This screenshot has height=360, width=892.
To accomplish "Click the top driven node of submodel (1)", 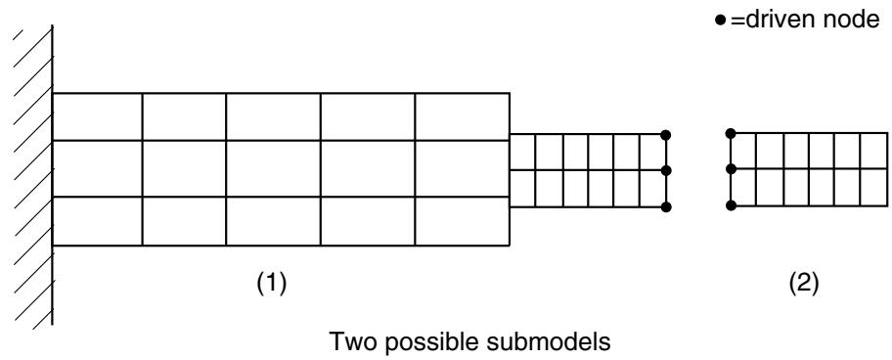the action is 666,135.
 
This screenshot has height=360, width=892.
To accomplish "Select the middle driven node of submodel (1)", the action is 666,170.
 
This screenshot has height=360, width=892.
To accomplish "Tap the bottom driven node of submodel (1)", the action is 666,207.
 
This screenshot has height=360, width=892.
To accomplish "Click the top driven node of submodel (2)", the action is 731,134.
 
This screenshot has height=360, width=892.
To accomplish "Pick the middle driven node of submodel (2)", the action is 731,169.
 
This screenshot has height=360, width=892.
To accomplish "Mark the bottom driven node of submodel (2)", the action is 731,205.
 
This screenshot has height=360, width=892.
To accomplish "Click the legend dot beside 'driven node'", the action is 721,22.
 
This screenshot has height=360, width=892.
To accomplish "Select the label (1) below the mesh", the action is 270,283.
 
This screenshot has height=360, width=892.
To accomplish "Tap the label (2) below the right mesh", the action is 803,283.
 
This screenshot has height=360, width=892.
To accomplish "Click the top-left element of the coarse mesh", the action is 97,116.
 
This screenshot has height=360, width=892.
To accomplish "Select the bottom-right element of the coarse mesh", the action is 463,221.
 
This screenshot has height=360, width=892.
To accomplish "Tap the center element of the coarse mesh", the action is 273,168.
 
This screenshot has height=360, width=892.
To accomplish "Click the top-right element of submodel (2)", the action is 873,151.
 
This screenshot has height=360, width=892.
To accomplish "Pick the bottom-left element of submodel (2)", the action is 743,187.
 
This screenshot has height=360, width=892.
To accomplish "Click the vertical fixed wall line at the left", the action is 53,174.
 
